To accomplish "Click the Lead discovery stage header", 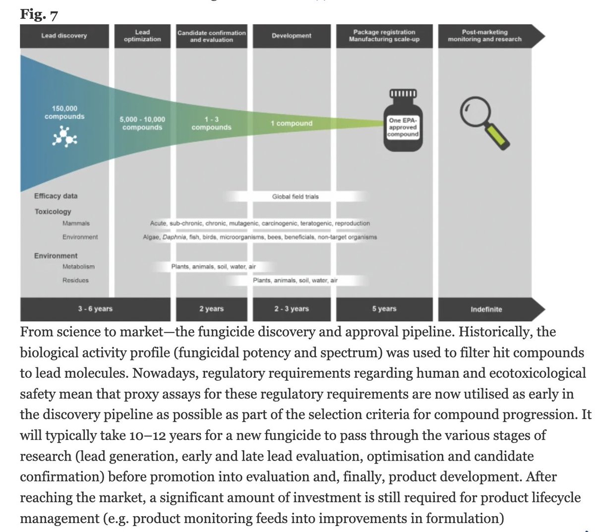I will (64, 36).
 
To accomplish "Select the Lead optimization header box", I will (142, 36).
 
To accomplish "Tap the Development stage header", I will (292, 36).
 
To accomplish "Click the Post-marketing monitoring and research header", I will (485, 36).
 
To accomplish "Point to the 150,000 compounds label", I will (64, 113).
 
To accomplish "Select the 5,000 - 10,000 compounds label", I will (142, 123).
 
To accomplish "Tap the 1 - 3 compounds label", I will (211, 123).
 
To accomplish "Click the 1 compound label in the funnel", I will (292, 123).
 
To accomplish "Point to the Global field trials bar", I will (296, 196).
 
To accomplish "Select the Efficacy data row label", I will (56, 196).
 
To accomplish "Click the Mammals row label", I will (76, 224).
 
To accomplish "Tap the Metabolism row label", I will (78, 267).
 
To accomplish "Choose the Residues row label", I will (75, 281).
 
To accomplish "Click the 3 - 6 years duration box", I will (95, 309).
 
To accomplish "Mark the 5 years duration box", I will (384, 309).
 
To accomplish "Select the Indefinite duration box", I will (486, 309).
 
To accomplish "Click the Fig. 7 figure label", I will (39, 14).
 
